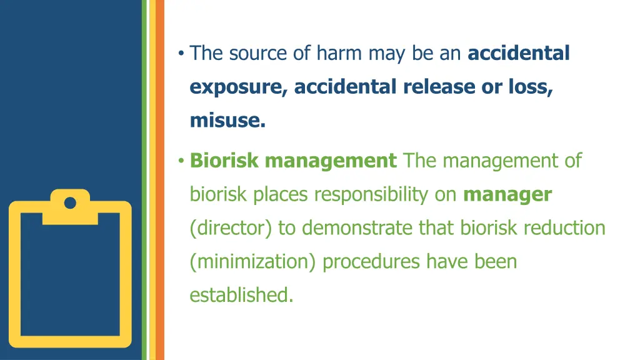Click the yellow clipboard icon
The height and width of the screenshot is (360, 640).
[x=70, y=269]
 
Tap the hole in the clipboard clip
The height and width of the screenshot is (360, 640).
[x=70, y=202]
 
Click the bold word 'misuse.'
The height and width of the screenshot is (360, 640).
[x=227, y=121]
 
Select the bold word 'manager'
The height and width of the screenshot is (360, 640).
[x=507, y=194]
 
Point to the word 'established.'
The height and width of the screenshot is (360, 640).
[x=241, y=294]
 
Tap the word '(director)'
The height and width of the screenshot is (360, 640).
[x=231, y=228]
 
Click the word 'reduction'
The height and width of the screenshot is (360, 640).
[x=564, y=228]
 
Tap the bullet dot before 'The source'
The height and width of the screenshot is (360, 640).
[x=180, y=54]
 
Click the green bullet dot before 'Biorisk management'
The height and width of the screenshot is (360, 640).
[x=180, y=161]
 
